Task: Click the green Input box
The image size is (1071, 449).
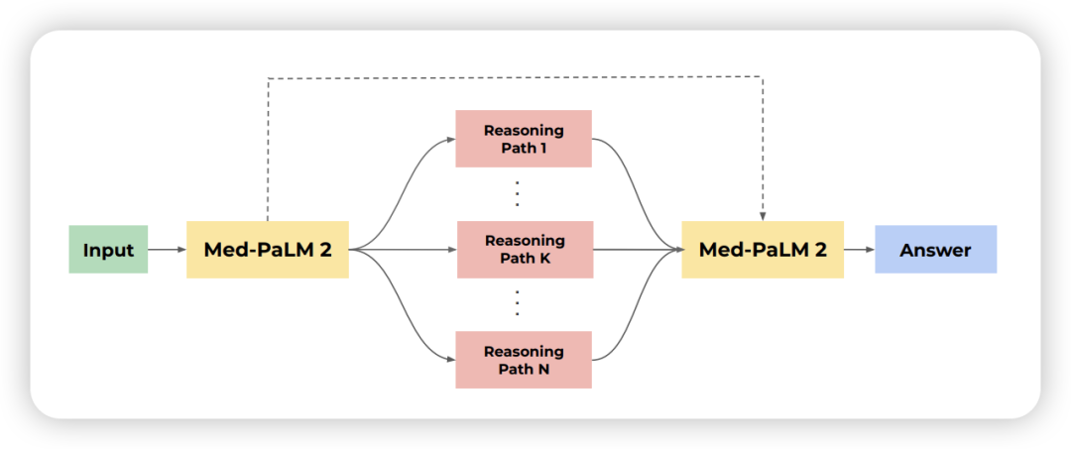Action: point(108,249)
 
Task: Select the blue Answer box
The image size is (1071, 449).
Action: point(935,249)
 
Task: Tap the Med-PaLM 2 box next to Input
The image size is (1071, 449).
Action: point(268,249)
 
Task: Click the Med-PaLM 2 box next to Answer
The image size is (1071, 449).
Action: point(763,249)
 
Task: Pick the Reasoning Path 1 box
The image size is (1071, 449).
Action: point(524,139)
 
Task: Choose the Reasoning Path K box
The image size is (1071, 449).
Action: point(524,249)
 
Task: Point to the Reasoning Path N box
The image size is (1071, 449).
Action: point(524,360)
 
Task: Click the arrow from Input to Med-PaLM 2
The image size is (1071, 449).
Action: point(167,250)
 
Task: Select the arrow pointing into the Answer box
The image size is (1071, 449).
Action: point(859,250)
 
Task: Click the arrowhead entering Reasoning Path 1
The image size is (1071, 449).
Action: point(451,139)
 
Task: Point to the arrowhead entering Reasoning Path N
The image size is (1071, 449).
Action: point(451,360)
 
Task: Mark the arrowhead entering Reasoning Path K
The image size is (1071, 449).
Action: point(452,250)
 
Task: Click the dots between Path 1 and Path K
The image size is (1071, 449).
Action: point(517,194)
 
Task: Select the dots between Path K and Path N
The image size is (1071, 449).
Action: point(517,302)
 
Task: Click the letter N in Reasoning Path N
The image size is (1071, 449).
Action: point(543,369)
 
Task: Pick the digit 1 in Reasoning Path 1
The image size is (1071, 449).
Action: point(543,148)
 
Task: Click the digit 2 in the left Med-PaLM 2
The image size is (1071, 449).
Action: point(325,250)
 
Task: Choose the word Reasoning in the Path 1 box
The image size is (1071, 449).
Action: point(524,130)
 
